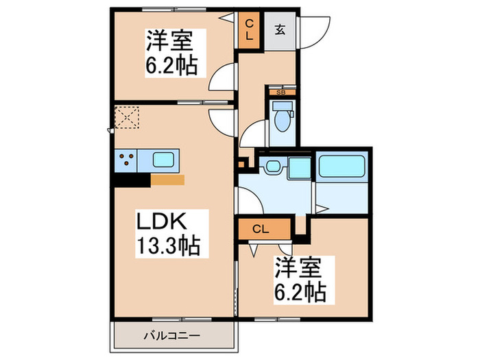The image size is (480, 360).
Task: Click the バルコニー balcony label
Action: coord(172,336)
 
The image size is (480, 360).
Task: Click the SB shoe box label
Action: coord(280,91)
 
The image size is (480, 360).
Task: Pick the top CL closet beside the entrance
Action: coord(249,30)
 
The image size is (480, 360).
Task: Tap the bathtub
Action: coord(342,166)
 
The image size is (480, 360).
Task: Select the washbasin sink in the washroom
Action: coord(273,166)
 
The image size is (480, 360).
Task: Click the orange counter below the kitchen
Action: coord(168,180)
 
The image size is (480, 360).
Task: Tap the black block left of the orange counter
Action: coord(132,180)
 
